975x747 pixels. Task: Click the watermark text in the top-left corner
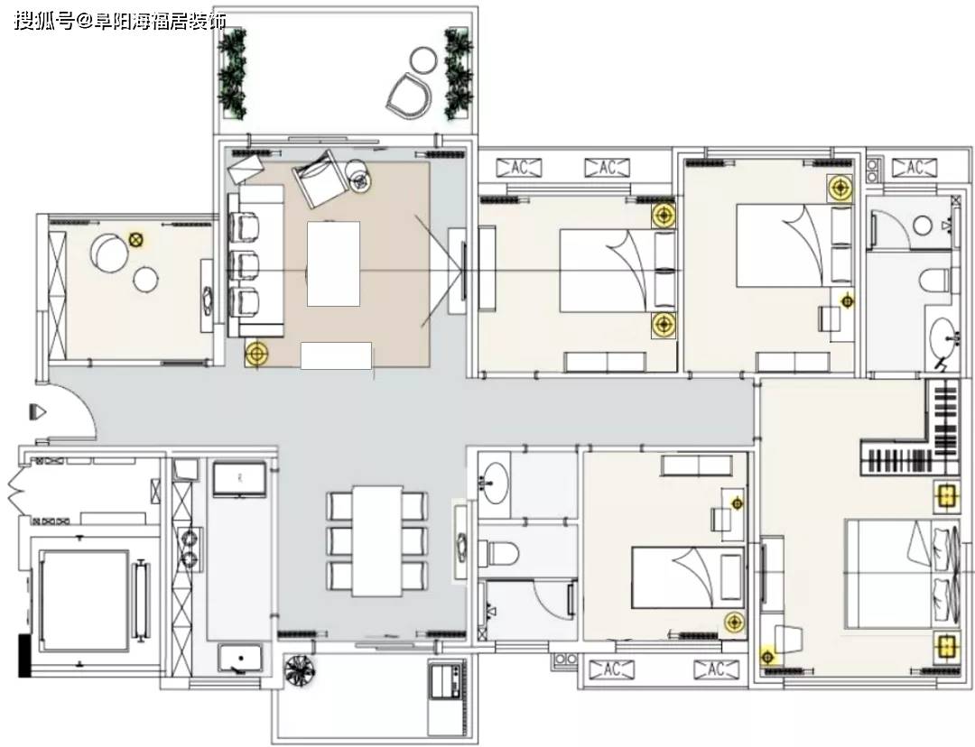[x=119, y=22]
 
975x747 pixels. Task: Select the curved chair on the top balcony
[x=409, y=97]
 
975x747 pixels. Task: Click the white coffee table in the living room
[x=333, y=263]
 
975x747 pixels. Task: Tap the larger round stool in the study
[x=109, y=253]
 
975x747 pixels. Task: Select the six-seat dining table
[x=376, y=540]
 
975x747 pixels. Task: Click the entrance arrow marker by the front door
[x=37, y=412]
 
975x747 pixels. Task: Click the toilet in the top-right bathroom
[x=936, y=281]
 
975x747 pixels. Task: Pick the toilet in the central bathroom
[x=498, y=552]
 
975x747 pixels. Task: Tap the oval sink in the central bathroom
[x=495, y=483]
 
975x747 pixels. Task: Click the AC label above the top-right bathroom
[x=914, y=168]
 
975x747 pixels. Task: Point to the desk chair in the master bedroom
[x=787, y=639]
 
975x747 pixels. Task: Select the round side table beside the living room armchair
[x=358, y=174]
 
